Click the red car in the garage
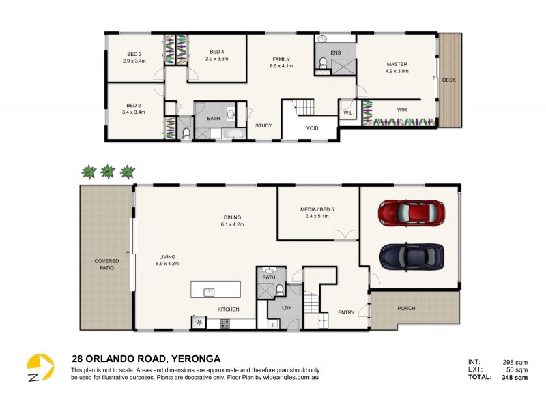(411, 213)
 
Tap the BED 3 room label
(134, 55)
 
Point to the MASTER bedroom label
(397, 64)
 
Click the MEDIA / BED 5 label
(317, 209)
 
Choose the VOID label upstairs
(312, 127)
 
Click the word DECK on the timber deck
(448, 80)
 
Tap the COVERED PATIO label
(106, 264)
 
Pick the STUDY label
(263, 125)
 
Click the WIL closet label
(347, 112)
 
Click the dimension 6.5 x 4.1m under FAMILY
(281, 67)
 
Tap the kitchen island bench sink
(210, 292)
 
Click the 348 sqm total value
(516, 377)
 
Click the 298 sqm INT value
(516, 362)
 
